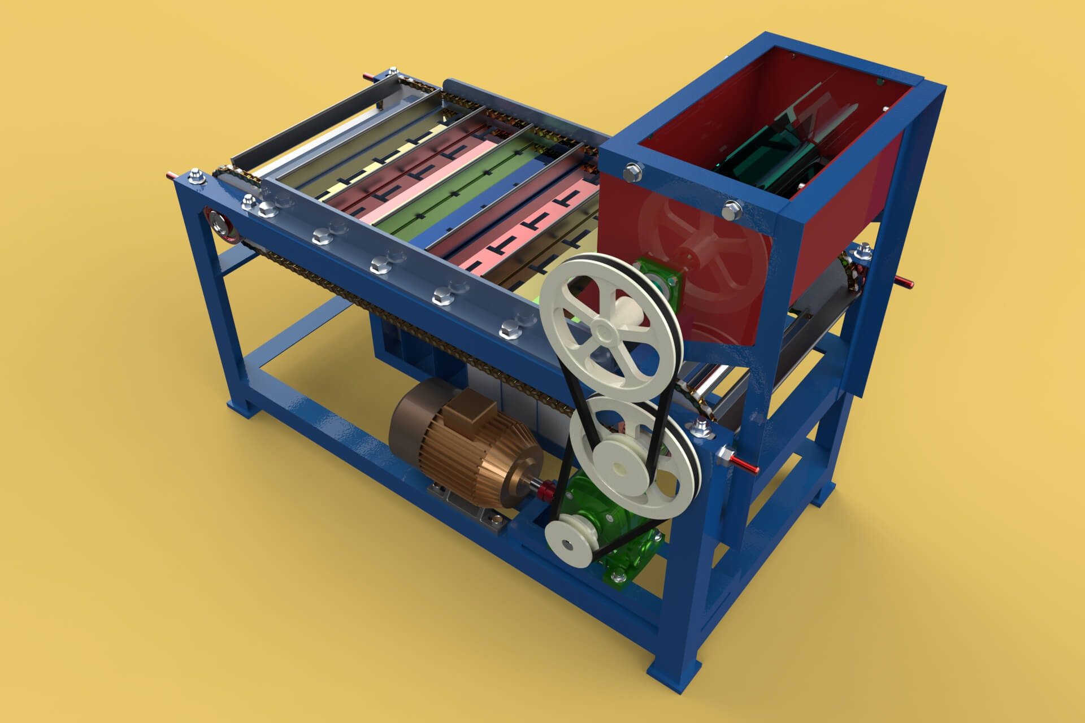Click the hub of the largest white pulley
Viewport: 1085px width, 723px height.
point(604,328)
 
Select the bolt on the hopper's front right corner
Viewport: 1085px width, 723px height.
point(733,209)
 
